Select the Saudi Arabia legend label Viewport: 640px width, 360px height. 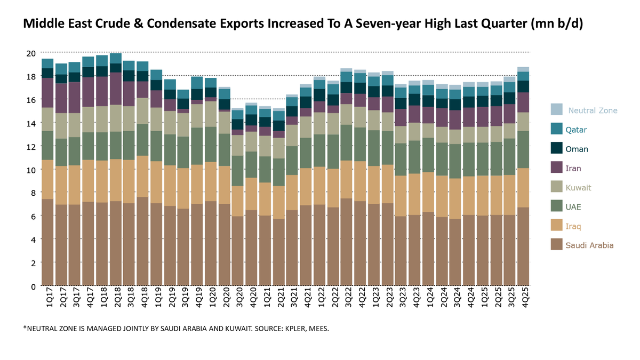(x=590, y=245)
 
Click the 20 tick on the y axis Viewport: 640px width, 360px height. (x=31, y=53)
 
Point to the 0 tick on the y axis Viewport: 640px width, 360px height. (x=33, y=286)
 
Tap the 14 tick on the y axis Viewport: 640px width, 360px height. (x=31, y=123)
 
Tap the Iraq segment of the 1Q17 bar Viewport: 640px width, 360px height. (x=47, y=179)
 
